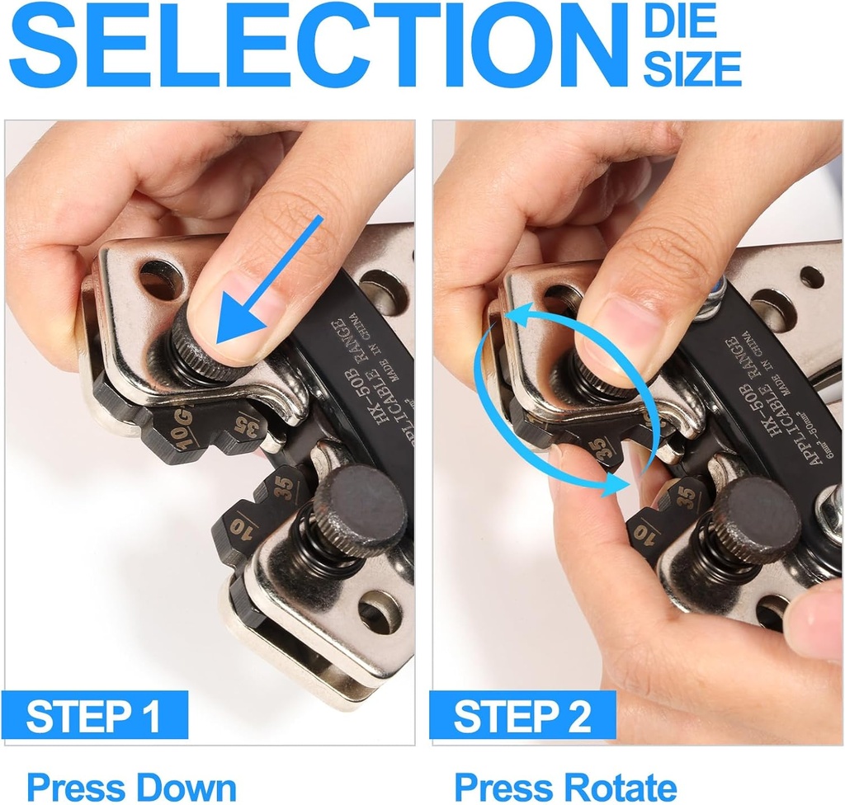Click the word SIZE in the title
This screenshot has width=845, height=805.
pos(692,68)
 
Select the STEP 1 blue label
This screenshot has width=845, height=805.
pos(94,716)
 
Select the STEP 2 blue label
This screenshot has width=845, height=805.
pos(523,716)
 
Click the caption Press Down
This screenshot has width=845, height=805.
pos(131,786)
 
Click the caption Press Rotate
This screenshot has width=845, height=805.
pos(565,786)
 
